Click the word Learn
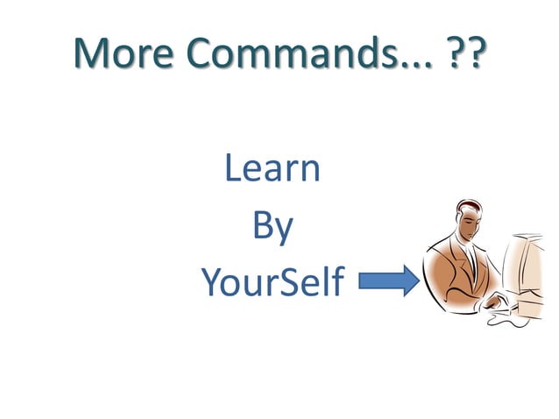[272, 167]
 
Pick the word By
[272, 226]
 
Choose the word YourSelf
[272, 282]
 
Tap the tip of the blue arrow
[416, 282]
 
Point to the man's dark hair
[465, 210]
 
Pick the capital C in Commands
[199, 54]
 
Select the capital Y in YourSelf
[211, 282]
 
